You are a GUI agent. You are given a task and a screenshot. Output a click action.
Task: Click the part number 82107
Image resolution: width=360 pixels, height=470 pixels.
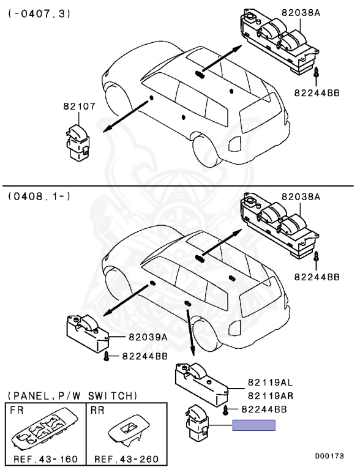(x=79, y=106)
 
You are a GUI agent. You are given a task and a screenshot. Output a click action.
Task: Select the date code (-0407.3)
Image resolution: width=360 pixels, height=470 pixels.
(x=39, y=14)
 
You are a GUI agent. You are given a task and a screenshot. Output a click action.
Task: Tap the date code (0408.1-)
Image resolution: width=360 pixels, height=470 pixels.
(x=39, y=196)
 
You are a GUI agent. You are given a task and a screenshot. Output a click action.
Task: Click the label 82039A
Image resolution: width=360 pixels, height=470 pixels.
(x=148, y=337)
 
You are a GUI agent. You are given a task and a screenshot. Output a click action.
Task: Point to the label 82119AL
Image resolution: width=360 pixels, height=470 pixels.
(x=270, y=382)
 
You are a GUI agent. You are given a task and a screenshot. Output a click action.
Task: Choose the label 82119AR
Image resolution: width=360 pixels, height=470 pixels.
(x=270, y=396)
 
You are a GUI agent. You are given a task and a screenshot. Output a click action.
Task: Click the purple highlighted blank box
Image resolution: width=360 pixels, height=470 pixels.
(x=254, y=425)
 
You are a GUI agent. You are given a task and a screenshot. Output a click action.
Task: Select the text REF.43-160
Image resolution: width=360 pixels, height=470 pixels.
(x=45, y=458)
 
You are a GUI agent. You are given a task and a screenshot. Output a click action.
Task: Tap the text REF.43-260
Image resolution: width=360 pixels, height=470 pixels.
(x=126, y=458)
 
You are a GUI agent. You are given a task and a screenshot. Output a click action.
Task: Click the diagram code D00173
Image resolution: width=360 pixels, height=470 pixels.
(x=329, y=456)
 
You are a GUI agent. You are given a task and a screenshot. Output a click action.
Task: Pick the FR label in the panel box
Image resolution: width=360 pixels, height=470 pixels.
(x=17, y=410)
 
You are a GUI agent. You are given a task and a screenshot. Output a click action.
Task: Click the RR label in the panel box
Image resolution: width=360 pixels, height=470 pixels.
(x=97, y=410)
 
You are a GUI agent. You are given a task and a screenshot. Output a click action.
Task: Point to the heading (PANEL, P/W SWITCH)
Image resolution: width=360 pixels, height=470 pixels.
(x=72, y=396)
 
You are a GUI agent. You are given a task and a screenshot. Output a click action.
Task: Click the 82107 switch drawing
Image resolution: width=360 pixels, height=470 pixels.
(x=77, y=143)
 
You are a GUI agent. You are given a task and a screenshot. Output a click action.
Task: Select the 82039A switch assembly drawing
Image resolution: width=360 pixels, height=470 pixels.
(x=87, y=334)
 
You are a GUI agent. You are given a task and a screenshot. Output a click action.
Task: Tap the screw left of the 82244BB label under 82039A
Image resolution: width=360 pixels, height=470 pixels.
(x=105, y=356)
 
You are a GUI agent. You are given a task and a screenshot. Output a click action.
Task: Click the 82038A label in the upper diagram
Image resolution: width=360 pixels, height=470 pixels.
(x=300, y=13)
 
